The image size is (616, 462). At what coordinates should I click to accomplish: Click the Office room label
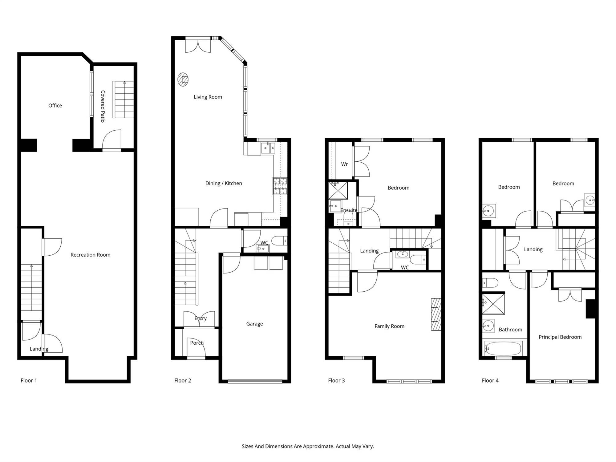pos(55,106)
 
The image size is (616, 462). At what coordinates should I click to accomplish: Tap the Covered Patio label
pos(103,106)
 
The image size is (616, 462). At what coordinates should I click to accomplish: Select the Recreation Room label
pos(90,255)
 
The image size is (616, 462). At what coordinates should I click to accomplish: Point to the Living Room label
pos(208,97)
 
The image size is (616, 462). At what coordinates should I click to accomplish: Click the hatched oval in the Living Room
pos(183,79)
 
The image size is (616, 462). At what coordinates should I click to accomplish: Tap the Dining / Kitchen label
pos(224,183)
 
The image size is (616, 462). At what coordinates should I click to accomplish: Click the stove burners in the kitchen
pos(280,186)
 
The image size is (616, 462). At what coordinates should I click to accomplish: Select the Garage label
pos(254,324)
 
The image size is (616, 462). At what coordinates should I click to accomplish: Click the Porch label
pos(197,343)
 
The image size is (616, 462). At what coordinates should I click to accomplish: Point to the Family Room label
pos(389,326)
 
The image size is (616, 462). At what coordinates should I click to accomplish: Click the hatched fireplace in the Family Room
pos(436,314)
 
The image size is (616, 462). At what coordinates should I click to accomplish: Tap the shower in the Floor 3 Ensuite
pos(338,190)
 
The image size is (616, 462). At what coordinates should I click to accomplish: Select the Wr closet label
pos(344,164)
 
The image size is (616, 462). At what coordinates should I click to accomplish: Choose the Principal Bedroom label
pos(560,337)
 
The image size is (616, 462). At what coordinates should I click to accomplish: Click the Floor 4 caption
pos(490,380)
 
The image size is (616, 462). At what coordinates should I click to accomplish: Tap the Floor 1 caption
pos(29,380)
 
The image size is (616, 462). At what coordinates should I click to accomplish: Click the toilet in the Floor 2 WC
pos(280,241)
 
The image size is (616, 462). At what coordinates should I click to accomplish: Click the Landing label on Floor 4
pos(533,249)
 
